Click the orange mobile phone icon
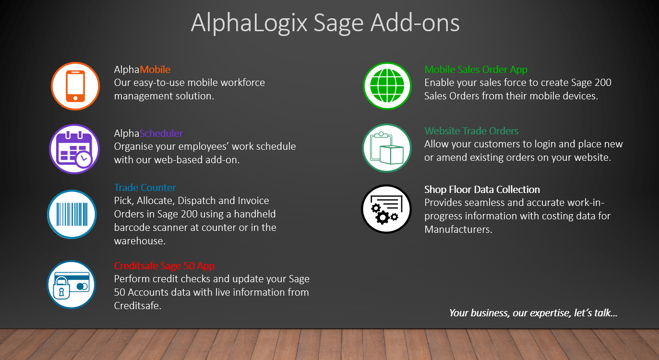[75, 86]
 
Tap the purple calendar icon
[74, 149]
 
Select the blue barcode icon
[72, 214]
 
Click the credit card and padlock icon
[72, 285]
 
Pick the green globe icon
[387, 86]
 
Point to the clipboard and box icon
[387, 148]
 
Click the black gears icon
[386, 209]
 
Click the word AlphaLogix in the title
[249, 24]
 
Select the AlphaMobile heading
[142, 70]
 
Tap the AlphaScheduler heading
[148, 133]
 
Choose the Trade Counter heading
[145, 187]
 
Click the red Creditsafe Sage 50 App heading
[164, 265]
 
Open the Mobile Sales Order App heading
[476, 70]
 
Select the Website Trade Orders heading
[471, 131]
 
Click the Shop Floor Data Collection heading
[482, 190]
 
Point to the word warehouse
[140, 241]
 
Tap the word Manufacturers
[458, 229]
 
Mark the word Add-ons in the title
[415, 23]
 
